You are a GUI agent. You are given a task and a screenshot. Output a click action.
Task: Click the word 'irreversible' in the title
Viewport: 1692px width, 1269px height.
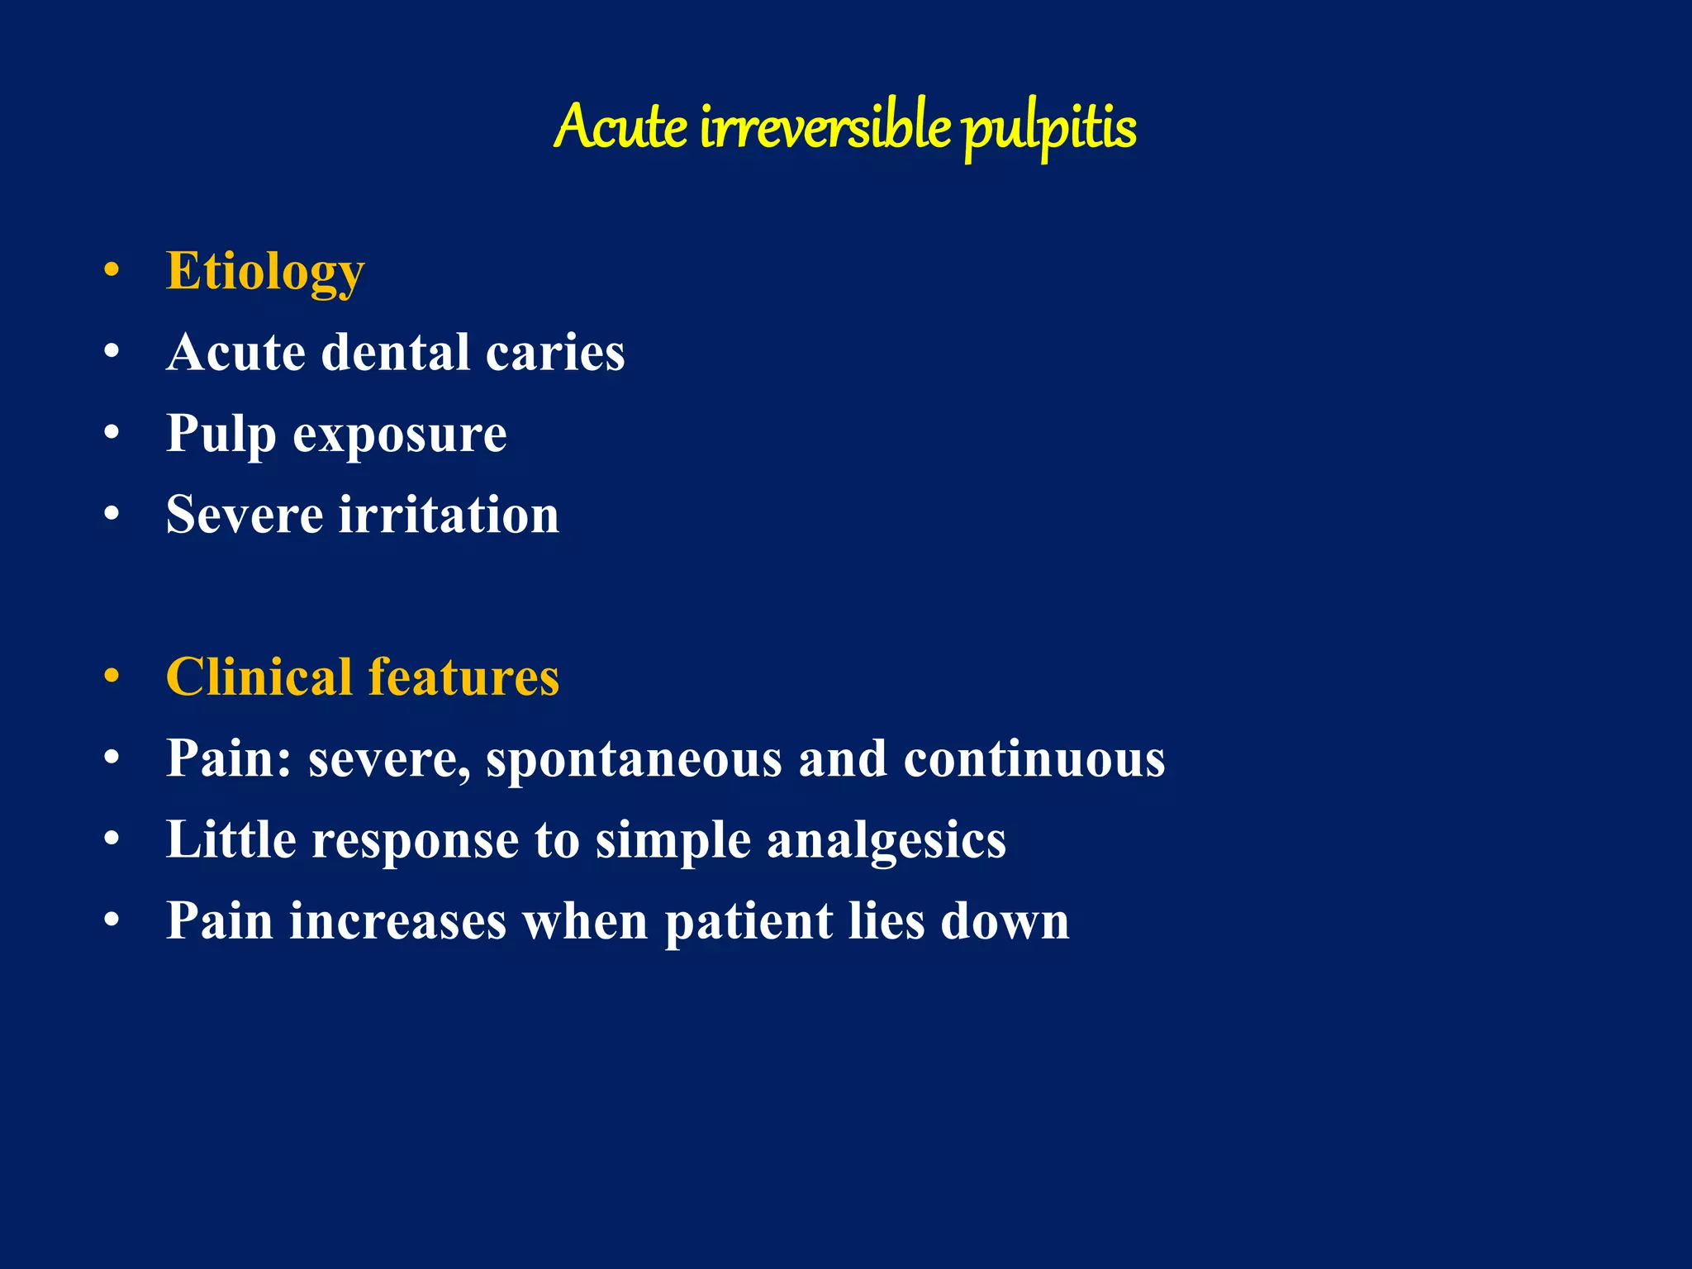pyautogui.click(x=825, y=128)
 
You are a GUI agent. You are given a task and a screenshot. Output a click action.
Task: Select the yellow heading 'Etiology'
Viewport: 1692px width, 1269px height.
pyautogui.click(x=265, y=272)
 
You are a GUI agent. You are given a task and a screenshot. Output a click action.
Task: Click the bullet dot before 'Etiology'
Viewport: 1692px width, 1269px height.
pyautogui.click(x=112, y=269)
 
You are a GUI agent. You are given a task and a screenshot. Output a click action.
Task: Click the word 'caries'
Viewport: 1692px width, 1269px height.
pyautogui.click(x=555, y=353)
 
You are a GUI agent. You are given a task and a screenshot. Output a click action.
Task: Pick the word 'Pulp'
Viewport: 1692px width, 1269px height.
pyautogui.click(x=221, y=435)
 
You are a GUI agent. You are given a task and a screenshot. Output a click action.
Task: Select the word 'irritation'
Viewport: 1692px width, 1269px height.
pyautogui.click(x=449, y=515)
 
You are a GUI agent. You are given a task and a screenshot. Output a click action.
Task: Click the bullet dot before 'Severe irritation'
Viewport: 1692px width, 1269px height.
pyautogui.click(x=112, y=513)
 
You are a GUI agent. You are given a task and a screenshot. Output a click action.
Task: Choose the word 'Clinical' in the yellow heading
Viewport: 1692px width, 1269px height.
pyautogui.click(x=259, y=677)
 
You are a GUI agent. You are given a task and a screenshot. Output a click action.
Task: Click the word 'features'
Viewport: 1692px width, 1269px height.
pyautogui.click(x=463, y=677)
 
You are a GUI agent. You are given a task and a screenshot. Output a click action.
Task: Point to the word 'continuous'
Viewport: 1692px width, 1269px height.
pyautogui.click(x=1034, y=758)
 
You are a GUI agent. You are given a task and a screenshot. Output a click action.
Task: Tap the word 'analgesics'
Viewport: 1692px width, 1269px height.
pyautogui.click(x=886, y=841)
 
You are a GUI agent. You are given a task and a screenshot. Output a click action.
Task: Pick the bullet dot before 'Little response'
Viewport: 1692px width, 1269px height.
pyautogui.click(x=112, y=839)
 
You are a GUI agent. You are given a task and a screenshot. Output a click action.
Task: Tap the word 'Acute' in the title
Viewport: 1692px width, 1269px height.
pyautogui.click(x=620, y=128)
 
